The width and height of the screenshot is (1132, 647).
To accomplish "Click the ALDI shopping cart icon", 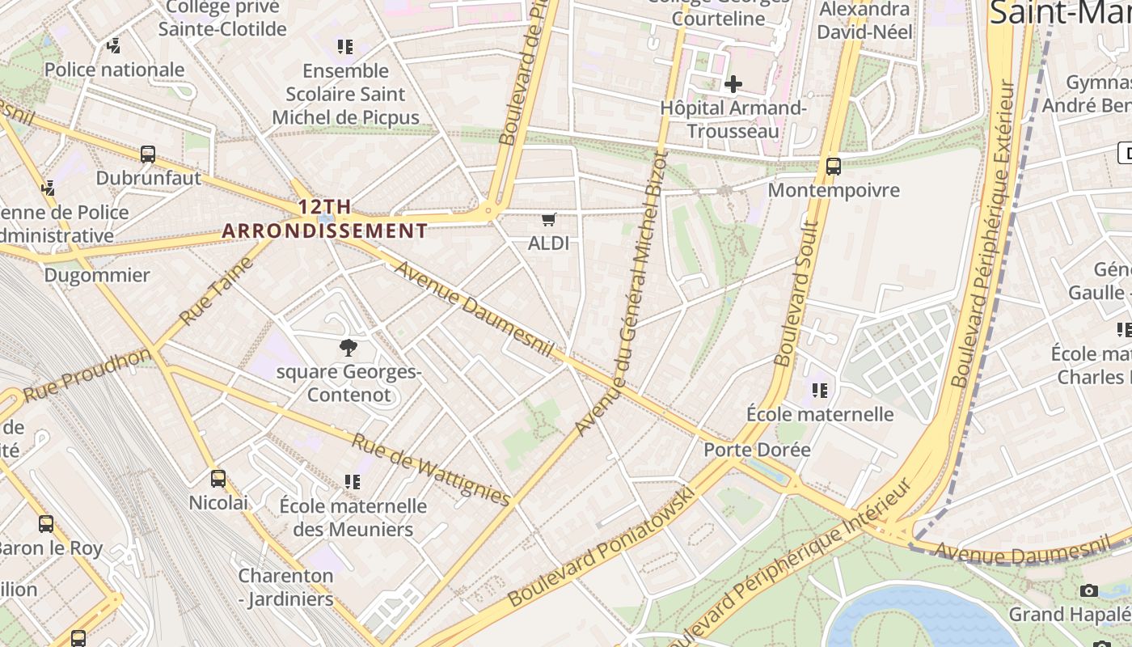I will [x=549, y=219].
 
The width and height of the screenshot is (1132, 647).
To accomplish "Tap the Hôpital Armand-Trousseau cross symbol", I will [x=733, y=83].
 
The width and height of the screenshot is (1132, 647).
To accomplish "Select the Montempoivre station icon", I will [x=834, y=167].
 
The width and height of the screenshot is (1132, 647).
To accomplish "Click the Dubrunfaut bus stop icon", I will [x=148, y=154].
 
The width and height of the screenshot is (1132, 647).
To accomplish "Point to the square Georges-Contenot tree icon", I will [x=348, y=348].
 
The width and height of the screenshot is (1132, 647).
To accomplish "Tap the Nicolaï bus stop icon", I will [x=218, y=478].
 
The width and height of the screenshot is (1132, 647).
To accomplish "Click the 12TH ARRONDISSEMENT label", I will [x=324, y=219].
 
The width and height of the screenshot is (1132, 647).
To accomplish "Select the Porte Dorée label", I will [x=757, y=450].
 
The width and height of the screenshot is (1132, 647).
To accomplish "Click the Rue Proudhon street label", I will [x=87, y=374].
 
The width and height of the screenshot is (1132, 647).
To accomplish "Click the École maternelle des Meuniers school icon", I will [x=352, y=482].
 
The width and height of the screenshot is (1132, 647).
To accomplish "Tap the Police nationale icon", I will [x=114, y=46].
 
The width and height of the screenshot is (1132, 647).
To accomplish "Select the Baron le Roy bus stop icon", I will [x=46, y=523].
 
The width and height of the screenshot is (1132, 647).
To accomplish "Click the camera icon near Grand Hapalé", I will [x=1089, y=590].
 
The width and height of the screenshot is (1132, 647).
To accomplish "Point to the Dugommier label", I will [x=97, y=275].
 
